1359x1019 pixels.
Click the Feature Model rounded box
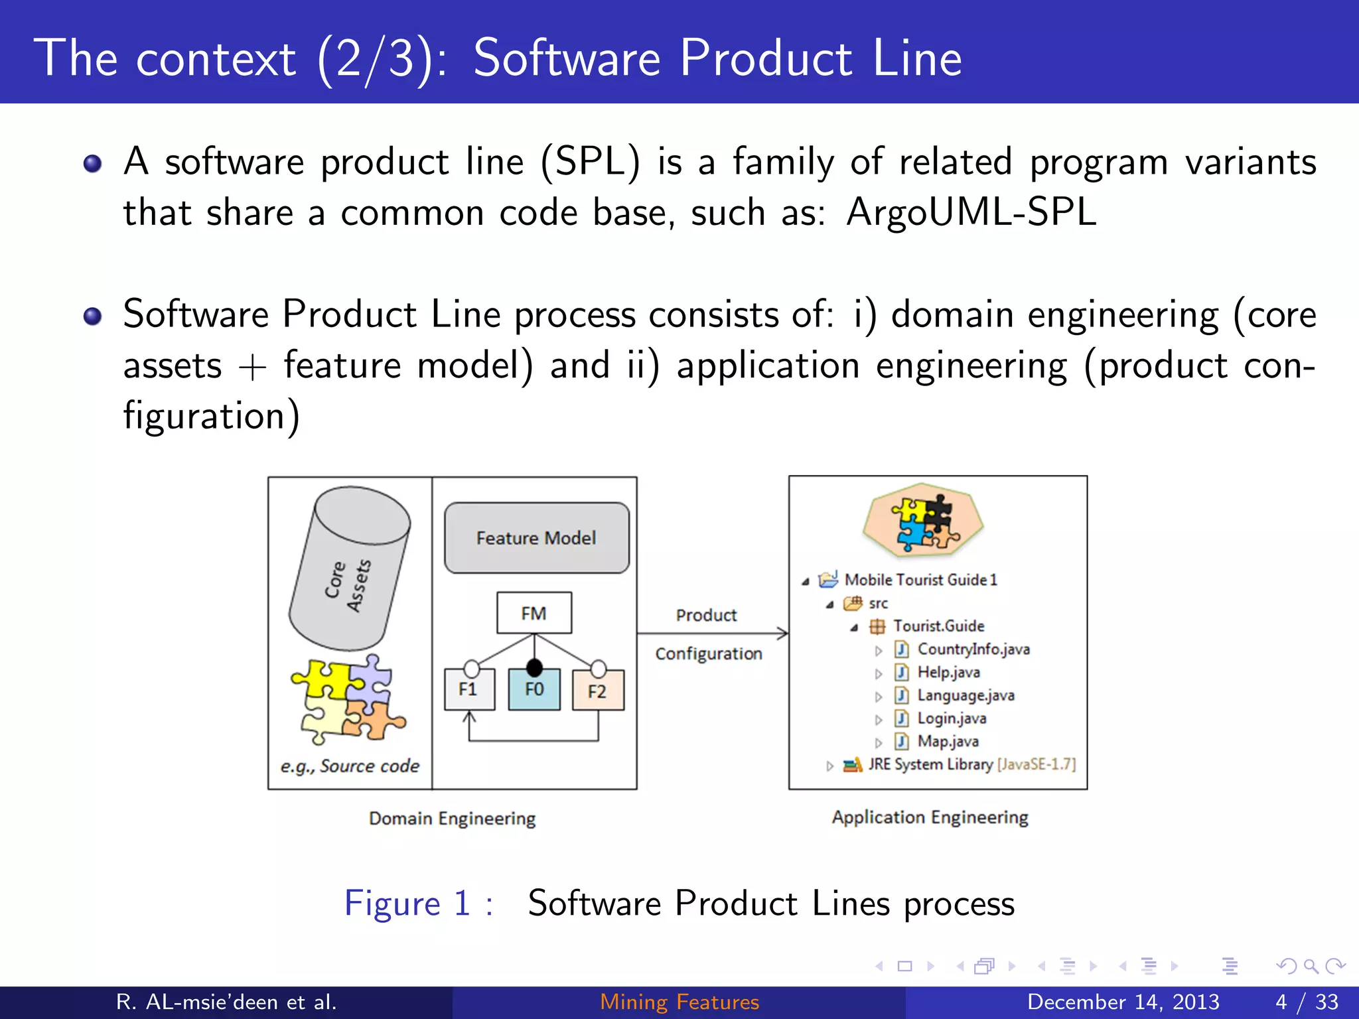pyautogui.click(x=536, y=537)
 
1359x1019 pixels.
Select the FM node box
pyautogui.click(x=534, y=613)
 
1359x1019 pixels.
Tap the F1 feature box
pyautogui.click(x=469, y=690)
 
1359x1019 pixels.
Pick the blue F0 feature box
pyautogui.click(x=534, y=690)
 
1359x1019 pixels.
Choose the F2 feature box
pyautogui.click(x=598, y=691)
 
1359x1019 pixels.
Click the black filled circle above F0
pyautogui.click(x=534, y=667)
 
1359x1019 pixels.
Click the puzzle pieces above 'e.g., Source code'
pyautogui.click(x=348, y=699)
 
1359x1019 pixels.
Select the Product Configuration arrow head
pyautogui.click(x=783, y=634)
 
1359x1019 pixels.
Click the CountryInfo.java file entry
pyautogui.click(x=973, y=649)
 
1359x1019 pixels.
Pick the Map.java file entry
pyautogui.click(x=947, y=741)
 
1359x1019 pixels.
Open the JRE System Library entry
pyautogui.click(x=930, y=764)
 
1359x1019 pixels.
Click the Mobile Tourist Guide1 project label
pyautogui.click(x=920, y=580)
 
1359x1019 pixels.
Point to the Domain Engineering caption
pyautogui.click(x=452, y=819)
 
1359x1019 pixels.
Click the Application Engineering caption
pyautogui.click(x=930, y=817)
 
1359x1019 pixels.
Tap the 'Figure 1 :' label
pyautogui.click(x=418, y=904)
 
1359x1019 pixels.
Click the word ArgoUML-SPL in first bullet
pyautogui.click(x=971, y=213)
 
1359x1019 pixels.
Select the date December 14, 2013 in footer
pyautogui.click(x=1123, y=1002)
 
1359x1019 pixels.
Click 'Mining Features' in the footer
pyautogui.click(x=679, y=1002)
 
